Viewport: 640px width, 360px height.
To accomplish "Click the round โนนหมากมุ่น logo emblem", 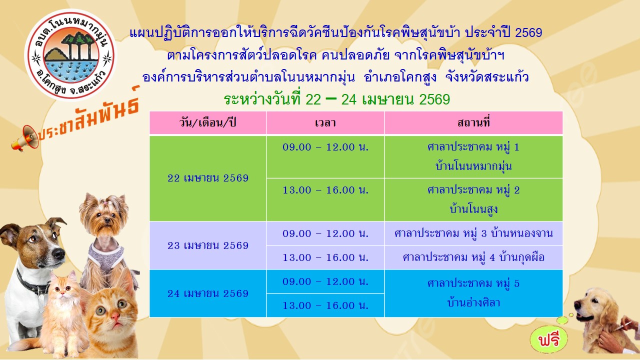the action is point(70,55).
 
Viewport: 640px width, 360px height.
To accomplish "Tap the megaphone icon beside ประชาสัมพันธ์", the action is point(25,138).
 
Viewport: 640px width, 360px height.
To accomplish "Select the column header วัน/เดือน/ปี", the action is point(207,123).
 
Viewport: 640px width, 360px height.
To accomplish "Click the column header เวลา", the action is point(325,123).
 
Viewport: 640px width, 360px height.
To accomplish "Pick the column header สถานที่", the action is point(473,123).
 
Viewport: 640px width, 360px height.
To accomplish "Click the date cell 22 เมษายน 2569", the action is point(207,178).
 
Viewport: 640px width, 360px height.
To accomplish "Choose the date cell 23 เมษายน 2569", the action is point(207,245).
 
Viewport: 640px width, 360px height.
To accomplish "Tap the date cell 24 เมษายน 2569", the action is point(207,293).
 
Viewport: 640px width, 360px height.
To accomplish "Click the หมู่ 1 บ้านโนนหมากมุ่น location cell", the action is point(473,156).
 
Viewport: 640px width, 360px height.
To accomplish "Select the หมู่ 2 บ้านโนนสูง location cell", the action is point(473,199).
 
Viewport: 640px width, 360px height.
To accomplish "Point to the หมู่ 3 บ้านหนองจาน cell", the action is point(473,233).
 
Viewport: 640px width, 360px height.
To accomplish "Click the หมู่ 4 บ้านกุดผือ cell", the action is point(473,257).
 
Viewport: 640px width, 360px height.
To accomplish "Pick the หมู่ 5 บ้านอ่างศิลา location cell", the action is point(473,293).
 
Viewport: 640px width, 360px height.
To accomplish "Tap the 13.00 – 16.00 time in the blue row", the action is point(325,305).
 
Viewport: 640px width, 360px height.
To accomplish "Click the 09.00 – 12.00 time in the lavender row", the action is point(325,233).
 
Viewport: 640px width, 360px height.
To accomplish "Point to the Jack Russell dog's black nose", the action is point(58,253).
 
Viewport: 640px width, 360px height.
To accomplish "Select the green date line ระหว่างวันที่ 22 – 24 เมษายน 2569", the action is point(336,99).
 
